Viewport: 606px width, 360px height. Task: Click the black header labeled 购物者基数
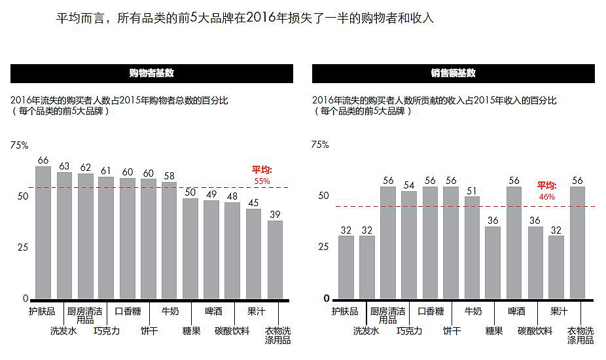(151, 73)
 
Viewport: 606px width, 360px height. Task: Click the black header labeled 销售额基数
(453, 73)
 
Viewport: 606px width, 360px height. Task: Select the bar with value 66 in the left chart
(43, 232)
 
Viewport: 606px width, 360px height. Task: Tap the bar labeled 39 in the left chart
(275, 259)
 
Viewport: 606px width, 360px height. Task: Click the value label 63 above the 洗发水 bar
(64, 166)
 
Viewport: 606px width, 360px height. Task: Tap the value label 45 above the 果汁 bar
(254, 202)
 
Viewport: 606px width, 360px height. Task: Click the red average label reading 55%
(262, 181)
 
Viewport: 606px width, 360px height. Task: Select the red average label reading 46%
(546, 196)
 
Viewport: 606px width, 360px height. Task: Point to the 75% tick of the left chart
(20, 145)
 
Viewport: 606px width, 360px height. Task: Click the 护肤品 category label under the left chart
(43, 311)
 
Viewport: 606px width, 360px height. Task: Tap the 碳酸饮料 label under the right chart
(535, 331)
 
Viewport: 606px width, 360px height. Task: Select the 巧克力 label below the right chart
(410, 331)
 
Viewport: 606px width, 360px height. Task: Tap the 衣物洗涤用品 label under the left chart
(277, 335)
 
